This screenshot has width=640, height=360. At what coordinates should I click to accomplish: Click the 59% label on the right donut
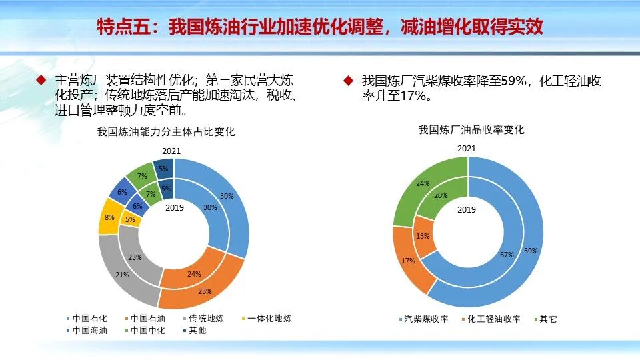click(x=531, y=251)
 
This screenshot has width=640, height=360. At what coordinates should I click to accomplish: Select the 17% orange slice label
click(x=409, y=261)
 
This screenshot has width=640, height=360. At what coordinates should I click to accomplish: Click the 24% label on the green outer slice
click(x=422, y=183)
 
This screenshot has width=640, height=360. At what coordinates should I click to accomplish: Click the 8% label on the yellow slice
click(x=109, y=217)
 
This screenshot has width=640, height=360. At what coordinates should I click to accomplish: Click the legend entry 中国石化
click(x=89, y=319)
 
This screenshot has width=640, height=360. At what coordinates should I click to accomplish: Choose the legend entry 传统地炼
click(x=203, y=319)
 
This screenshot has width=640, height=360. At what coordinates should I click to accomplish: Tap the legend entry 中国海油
click(x=89, y=330)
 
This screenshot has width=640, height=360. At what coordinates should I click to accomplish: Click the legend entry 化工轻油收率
click(x=494, y=319)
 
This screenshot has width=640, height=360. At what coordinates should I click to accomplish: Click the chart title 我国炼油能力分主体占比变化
click(x=166, y=131)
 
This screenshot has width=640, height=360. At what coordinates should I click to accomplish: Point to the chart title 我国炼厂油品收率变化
click(x=471, y=130)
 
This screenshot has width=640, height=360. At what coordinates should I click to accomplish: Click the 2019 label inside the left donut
click(x=175, y=208)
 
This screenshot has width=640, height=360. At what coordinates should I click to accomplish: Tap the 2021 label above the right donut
click(x=467, y=148)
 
